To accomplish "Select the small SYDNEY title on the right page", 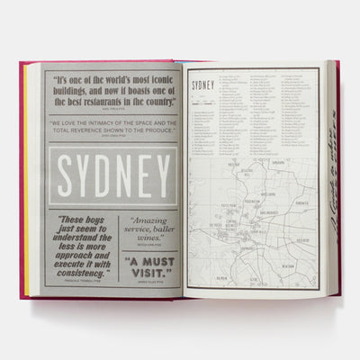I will pyautogui.click(x=203, y=85).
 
